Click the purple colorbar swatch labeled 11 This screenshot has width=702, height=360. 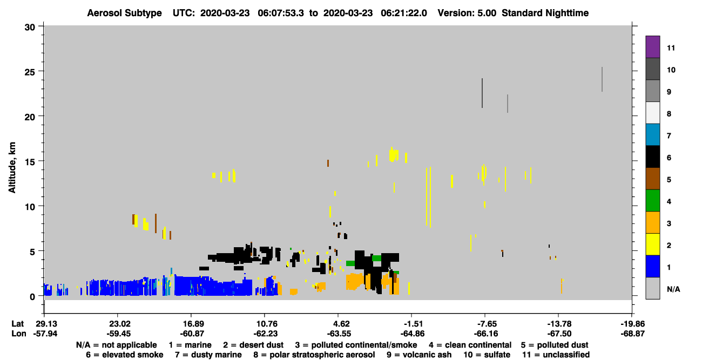point(652,46)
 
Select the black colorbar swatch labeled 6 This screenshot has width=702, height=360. point(652,157)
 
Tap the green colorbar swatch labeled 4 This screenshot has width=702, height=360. point(652,201)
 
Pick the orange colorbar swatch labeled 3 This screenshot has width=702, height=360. point(652,222)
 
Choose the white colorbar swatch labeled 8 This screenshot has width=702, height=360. point(652,113)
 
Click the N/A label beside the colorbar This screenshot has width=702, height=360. point(673,289)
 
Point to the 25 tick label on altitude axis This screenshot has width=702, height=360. point(30,72)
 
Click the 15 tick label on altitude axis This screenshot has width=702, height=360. point(30,162)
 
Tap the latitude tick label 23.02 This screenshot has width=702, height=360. point(119,324)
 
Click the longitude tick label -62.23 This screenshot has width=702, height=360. point(265,334)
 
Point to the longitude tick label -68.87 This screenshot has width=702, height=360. point(632,334)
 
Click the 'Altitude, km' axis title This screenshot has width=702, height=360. point(12,167)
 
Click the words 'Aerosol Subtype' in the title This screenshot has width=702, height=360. point(124,13)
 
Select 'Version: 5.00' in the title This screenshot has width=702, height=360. point(467,13)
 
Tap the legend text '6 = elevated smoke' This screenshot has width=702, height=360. point(125,355)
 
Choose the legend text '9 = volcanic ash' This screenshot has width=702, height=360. point(419,355)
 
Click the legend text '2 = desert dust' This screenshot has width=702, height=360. point(253,345)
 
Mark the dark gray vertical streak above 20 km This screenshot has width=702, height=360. point(482,93)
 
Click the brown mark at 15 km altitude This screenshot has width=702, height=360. point(328,163)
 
